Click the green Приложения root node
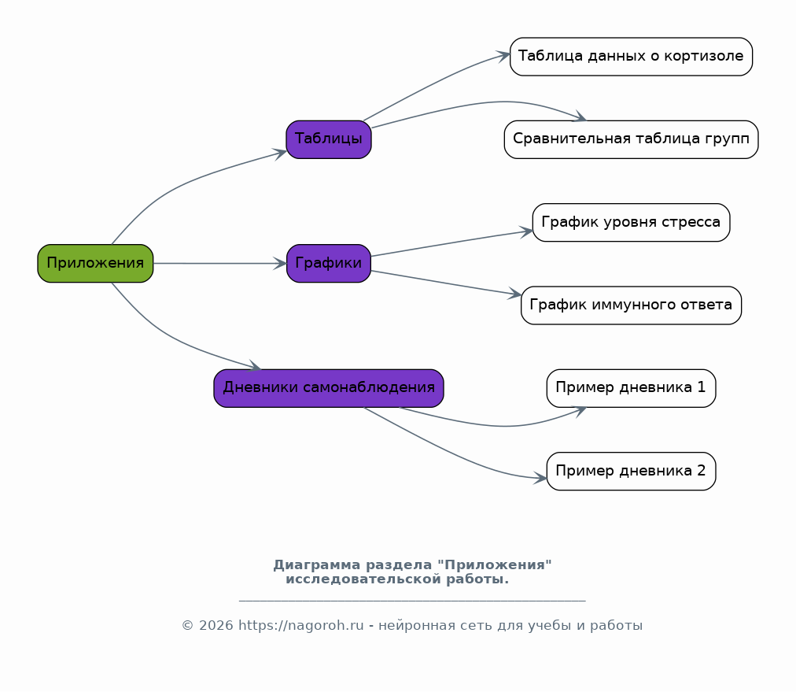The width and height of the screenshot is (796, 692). point(95,263)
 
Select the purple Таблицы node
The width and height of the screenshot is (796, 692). point(329,139)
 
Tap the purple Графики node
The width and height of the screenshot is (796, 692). point(329,263)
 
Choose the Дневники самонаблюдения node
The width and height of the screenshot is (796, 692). point(329,388)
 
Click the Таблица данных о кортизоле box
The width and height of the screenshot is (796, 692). point(631,57)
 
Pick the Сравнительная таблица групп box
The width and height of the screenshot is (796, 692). point(631,139)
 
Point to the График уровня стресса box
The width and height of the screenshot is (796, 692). point(631,223)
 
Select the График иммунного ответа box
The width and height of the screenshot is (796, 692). point(631,305)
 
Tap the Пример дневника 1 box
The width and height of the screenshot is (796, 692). point(631,388)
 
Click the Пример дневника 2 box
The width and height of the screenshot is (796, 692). point(631,471)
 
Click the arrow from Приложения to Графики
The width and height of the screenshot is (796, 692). point(219,263)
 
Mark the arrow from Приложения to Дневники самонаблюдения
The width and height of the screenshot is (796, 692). point(172,338)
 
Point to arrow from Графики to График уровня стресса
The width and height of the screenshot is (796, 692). point(451,243)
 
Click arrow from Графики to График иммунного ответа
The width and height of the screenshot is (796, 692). point(447,283)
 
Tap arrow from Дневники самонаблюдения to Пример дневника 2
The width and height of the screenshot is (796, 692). point(451,452)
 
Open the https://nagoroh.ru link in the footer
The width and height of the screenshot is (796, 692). point(301,625)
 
